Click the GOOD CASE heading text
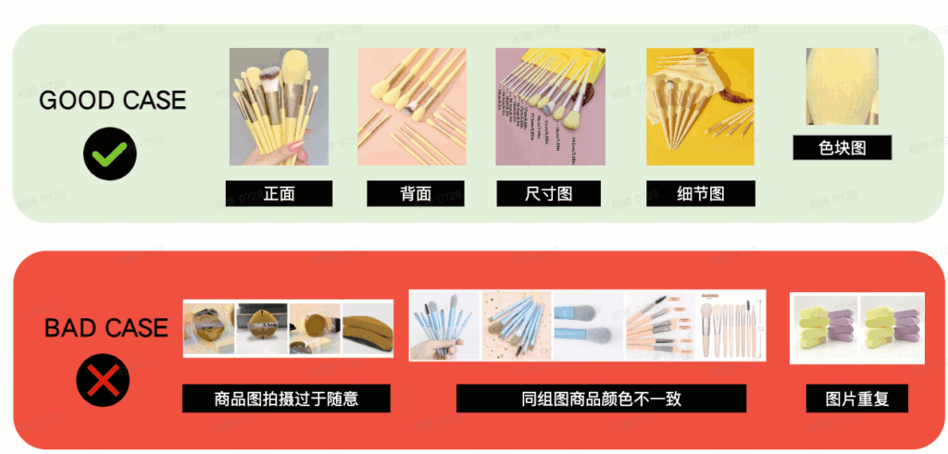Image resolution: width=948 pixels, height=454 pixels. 112,100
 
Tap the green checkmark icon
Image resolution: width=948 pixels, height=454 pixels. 110,153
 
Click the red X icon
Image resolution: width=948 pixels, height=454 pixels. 103,379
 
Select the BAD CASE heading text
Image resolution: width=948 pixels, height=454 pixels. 106,327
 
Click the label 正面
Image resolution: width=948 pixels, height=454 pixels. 279,193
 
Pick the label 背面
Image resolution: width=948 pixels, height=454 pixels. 416,193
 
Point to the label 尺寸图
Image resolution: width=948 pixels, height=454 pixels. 549,193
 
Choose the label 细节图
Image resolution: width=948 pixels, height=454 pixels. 700,193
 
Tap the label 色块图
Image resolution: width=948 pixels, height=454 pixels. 842,148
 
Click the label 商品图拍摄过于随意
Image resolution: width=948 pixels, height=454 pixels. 286,399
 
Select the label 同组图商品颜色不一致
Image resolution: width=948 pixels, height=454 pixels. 601,399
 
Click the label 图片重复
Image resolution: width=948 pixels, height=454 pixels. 856,399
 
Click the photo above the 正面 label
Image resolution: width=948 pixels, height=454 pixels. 280,106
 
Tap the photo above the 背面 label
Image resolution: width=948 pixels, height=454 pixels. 411,106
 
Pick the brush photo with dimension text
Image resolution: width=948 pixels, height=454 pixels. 550,106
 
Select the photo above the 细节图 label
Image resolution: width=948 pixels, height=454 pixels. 699,106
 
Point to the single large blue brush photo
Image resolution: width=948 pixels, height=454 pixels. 588,325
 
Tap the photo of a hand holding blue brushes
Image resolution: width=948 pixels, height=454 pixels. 445,325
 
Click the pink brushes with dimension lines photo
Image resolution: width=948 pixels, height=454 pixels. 730,325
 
